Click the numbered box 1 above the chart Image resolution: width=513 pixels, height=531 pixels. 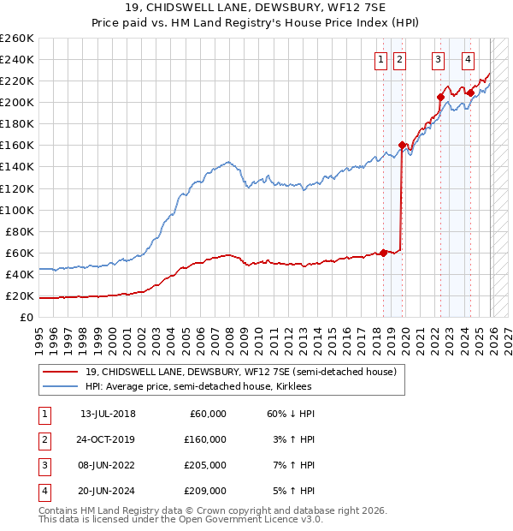click(x=379, y=59)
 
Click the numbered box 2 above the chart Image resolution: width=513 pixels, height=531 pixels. click(x=399, y=59)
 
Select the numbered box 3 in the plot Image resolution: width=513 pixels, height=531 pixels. click(x=438, y=59)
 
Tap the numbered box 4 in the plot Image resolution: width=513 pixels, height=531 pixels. click(x=469, y=59)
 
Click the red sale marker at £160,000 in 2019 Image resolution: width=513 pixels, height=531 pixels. click(x=402, y=145)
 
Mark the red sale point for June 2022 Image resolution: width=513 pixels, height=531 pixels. click(x=440, y=97)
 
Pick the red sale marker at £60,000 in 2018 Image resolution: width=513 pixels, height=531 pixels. click(x=383, y=252)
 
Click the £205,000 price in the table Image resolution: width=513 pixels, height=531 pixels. click(x=205, y=465)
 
